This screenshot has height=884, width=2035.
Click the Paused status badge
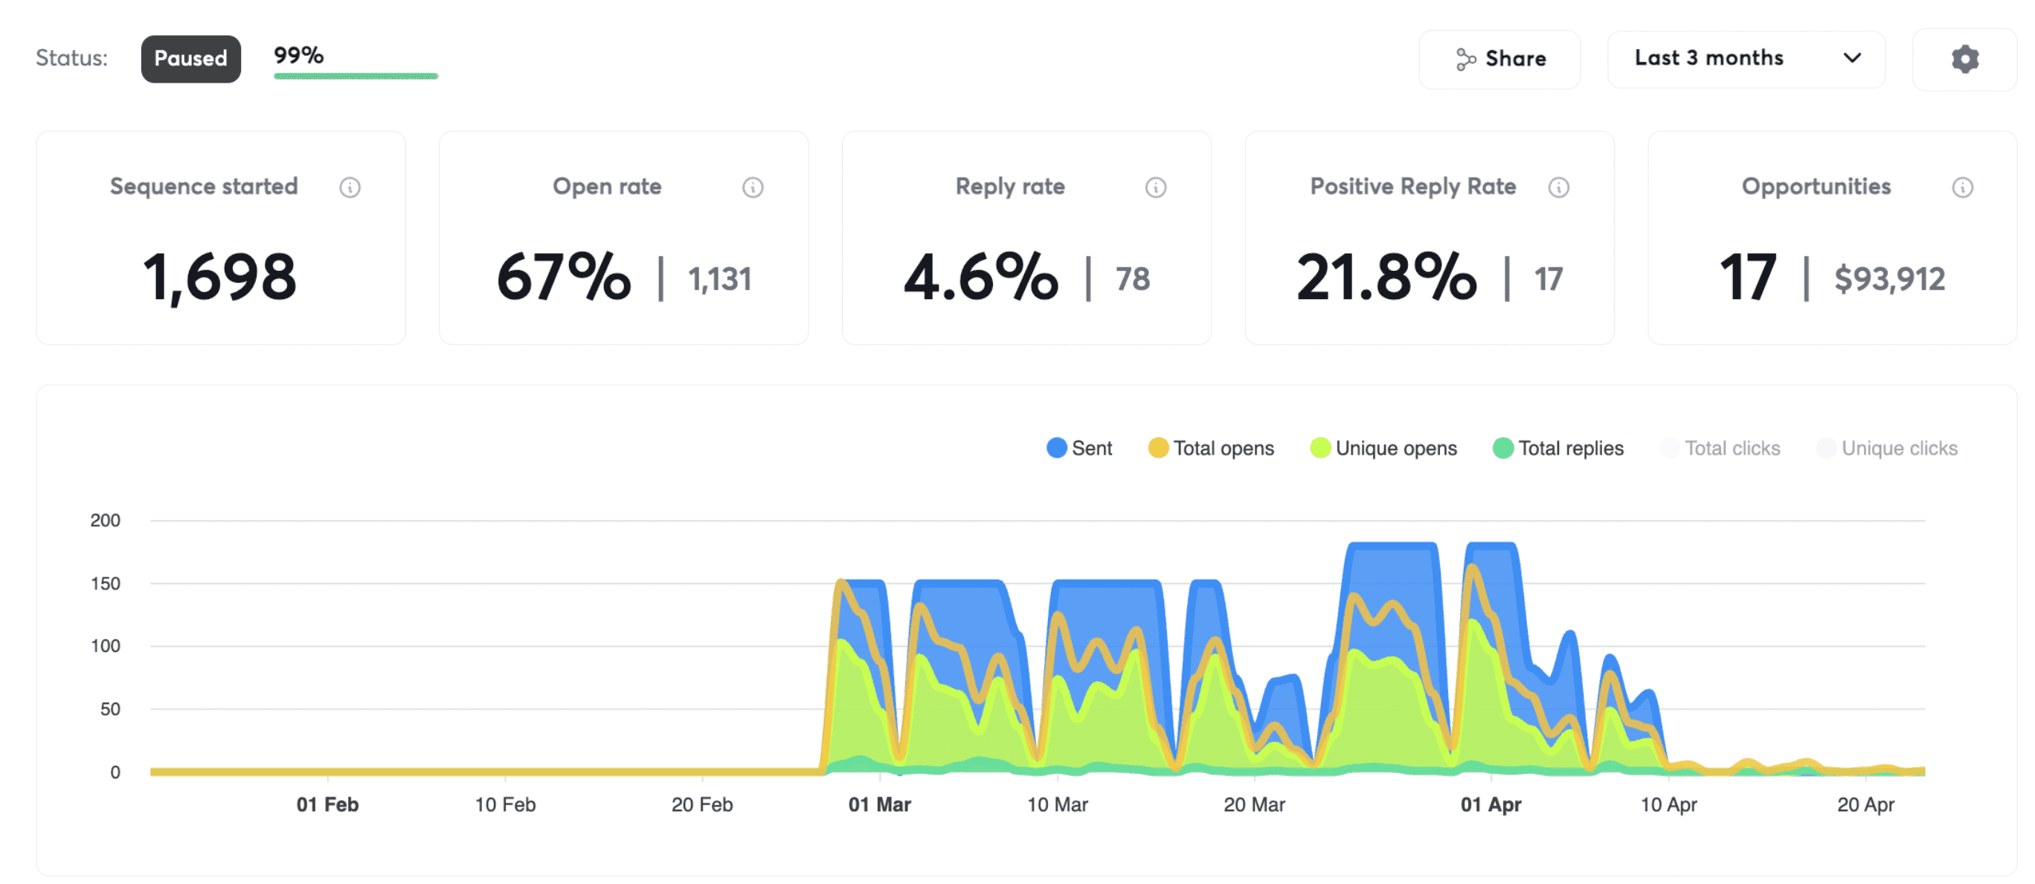[x=190, y=59]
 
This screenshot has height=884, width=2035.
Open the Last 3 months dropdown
[x=1746, y=59]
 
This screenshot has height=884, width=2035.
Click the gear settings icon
[x=1964, y=60]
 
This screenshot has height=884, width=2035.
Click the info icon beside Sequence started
[x=350, y=188]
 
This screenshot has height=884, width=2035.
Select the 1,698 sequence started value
[x=219, y=277]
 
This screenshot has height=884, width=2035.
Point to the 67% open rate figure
[x=564, y=277]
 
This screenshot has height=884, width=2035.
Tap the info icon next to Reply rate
[x=1156, y=188]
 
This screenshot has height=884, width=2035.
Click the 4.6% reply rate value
[x=981, y=277]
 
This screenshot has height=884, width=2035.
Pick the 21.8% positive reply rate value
[x=1386, y=277]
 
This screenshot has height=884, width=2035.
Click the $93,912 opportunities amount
[x=1890, y=279]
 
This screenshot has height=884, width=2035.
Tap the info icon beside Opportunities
[x=1962, y=188]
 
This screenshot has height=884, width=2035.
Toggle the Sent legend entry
[x=1079, y=448]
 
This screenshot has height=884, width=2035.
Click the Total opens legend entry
[x=1211, y=448]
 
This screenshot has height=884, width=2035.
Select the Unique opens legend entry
[x=1383, y=448]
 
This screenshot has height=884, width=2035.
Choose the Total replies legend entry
[x=1557, y=448]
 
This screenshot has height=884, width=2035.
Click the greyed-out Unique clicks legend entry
[x=1887, y=448]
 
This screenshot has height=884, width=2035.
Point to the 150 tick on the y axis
[x=105, y=584]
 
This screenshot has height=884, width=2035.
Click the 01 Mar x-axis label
[x=879, y=804]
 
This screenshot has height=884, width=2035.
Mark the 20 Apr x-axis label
[x=1865, y=804]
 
